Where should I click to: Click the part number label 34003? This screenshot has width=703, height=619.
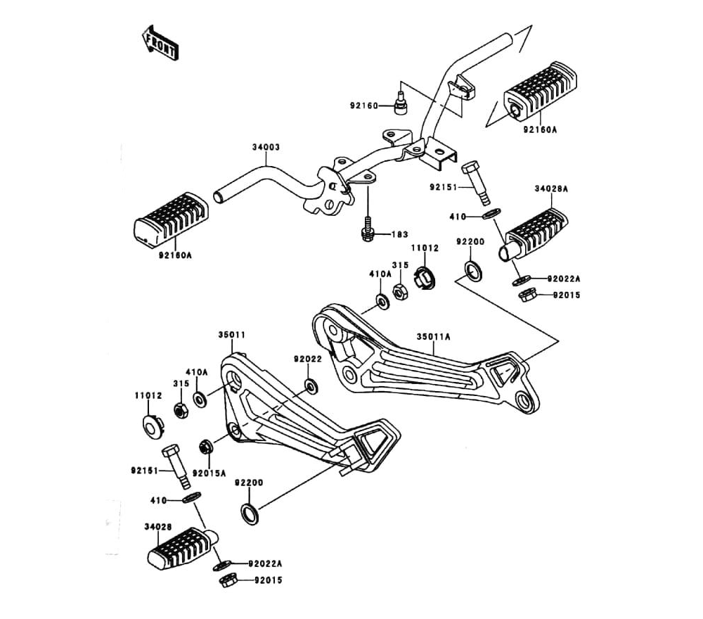tap(266, 148)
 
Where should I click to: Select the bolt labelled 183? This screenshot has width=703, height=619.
tap(366, 232)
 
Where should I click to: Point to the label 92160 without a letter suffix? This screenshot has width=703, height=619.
tap(364, 106)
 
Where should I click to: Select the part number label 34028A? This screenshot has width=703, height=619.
tap(551, 189)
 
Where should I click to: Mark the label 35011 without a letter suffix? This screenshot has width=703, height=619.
tap(231, 336)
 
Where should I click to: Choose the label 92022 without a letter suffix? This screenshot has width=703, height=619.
tap(308, 359)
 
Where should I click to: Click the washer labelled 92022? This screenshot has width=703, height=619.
tap(310, 385)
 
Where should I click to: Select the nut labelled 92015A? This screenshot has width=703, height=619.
tap(207, 446)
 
